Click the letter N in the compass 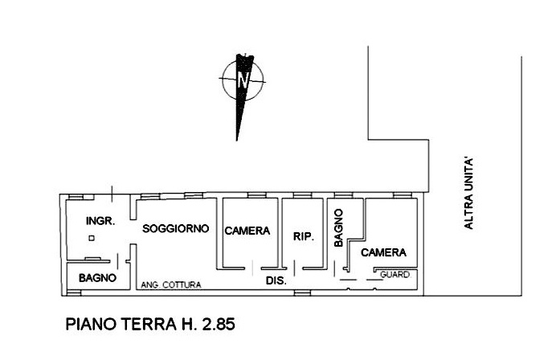click(243, 80)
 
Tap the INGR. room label click(100, 221)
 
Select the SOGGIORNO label click(175, 228)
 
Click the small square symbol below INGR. click(92, 239)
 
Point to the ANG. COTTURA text click(171, 284)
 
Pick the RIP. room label click(304, 236)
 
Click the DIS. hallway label click(276, 281)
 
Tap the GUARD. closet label click(395, 275)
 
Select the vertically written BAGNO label click(338, 227)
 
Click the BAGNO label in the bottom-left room click(97, 278)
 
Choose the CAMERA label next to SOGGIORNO click(247, 231)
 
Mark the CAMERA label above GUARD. click(383, 252)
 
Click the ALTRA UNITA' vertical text click(468, 194)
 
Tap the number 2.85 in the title click(219, 324)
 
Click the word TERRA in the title click(149, 324)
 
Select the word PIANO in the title click(91, 324)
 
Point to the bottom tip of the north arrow click(236, 141)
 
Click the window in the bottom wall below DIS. click(302, 293)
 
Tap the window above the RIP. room click(302, 195)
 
